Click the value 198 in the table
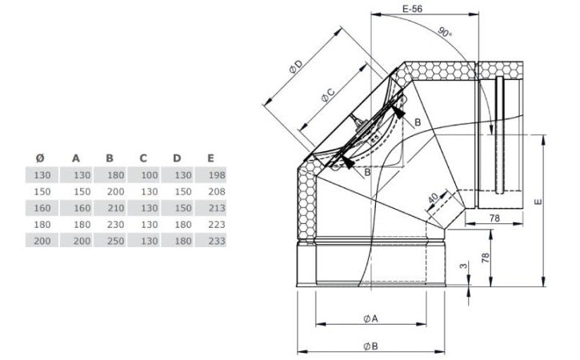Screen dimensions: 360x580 [212, 174]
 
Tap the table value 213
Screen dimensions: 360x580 [212, 207]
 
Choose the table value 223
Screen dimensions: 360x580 [212, 224]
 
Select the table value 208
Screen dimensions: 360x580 [212, 190]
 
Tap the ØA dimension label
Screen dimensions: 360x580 [370, 318]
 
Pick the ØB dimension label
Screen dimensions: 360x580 [370, 346]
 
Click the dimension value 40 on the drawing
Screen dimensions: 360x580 [432, 198]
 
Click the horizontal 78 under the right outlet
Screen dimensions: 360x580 [494, 218]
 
